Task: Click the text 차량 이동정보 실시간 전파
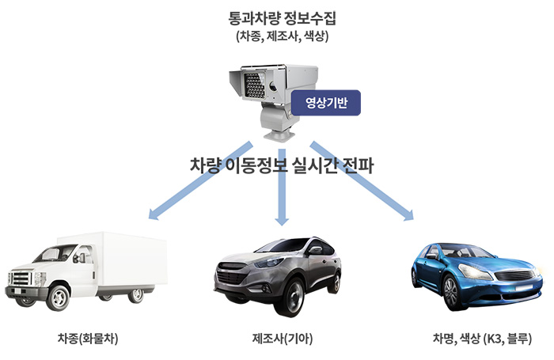(282, 165)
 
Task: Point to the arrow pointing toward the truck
(197, 180)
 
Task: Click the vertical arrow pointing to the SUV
(280, 190)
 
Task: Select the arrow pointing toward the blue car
(364, 181)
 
